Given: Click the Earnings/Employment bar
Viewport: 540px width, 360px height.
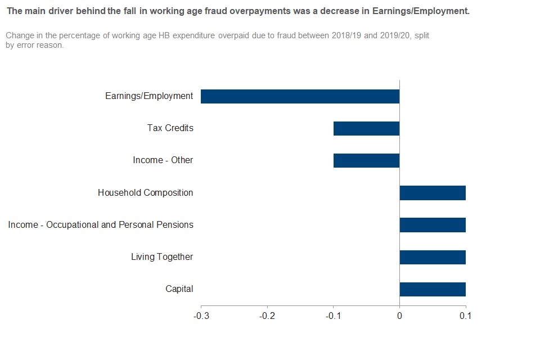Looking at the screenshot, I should coord(300,96).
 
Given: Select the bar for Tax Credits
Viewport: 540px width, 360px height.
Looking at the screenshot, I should coord(366,128).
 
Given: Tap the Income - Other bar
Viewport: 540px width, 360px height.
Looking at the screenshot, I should coord(366,160).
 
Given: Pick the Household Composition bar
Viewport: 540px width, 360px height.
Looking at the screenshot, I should coord(433,193).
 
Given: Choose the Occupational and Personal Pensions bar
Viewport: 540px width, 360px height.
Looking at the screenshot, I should coord(433,225).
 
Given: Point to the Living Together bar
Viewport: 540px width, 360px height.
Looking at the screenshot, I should coord(433,257).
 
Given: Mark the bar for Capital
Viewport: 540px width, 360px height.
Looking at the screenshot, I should coord(433,289).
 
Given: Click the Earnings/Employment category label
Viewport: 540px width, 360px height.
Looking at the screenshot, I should coord(149,96).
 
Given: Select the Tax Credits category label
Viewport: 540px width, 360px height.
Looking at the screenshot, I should coord(170,128).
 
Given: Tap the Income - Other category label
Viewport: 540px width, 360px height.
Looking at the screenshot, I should coord(163,160).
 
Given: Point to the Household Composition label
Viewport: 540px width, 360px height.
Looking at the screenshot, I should coord(145,193).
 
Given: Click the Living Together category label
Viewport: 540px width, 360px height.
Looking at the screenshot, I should coord(162,257).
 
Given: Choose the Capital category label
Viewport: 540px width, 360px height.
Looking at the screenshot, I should coord(179,289).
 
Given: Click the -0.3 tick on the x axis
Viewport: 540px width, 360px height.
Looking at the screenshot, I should coord(201,316).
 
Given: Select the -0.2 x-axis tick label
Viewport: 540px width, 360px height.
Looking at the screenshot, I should coord(267,316).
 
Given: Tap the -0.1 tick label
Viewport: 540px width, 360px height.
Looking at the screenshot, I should coord(333,316).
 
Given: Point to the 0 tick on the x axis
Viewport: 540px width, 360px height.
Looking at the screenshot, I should coord(399,316).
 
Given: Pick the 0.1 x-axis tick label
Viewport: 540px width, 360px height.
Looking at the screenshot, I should coord(465,316).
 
